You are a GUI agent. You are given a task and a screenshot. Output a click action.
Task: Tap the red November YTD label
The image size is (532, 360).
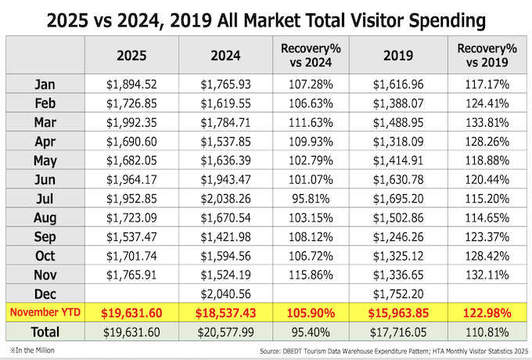coord(45,312)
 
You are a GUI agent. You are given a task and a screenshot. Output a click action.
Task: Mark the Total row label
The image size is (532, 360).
coord(45,332)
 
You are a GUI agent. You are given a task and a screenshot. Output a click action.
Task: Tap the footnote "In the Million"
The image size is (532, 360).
coord(35,349)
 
